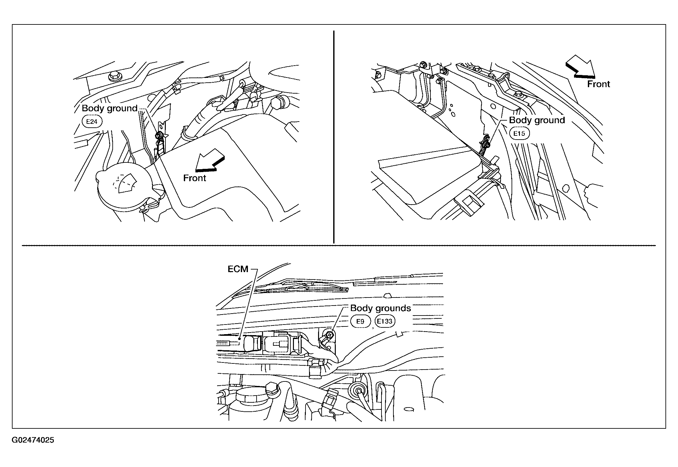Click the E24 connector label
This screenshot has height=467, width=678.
tap(92, 122)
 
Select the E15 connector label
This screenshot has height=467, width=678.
tap(519, 133)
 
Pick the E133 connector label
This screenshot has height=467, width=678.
tap(385, 321)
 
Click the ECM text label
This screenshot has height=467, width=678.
tap(238, 269)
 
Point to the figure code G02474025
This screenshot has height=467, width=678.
tap(33, 440)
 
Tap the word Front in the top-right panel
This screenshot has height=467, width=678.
tap(598, 84)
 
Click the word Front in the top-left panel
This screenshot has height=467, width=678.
tap(194, 178)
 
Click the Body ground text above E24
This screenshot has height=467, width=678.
tap(109, 108)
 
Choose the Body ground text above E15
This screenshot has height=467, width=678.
tap(537, 120)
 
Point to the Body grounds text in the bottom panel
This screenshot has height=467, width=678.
tap(381, 308)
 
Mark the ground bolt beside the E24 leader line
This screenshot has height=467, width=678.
tap(158, 136)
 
